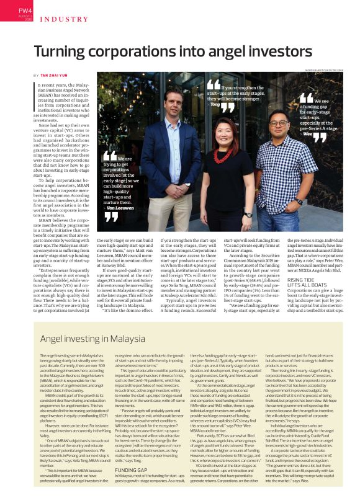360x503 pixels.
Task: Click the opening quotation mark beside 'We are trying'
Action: pos(110,157)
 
